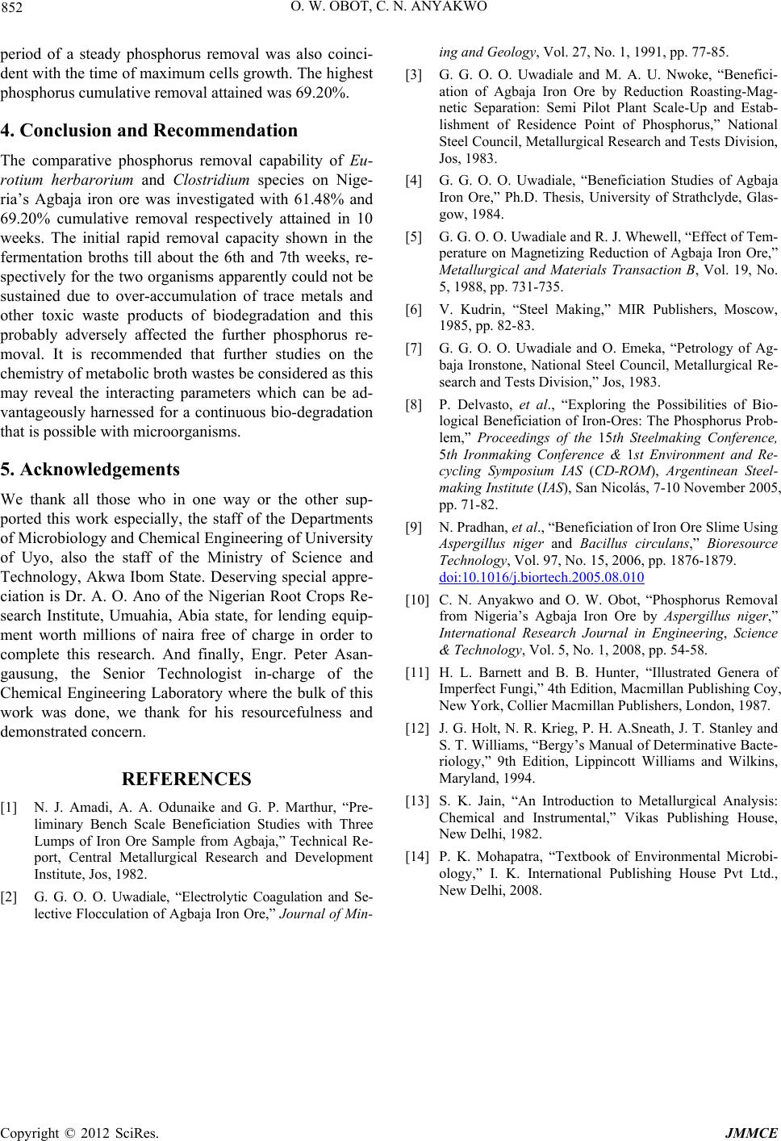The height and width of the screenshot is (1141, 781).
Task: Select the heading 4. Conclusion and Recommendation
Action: click(149, 131)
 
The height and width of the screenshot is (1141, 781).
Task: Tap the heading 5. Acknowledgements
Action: click(90, 469)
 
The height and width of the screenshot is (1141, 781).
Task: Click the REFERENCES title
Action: click(186, 779)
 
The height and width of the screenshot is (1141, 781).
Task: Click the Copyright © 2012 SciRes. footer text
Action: click(80, 1132)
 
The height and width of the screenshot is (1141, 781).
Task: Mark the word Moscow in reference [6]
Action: click(747, 309)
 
